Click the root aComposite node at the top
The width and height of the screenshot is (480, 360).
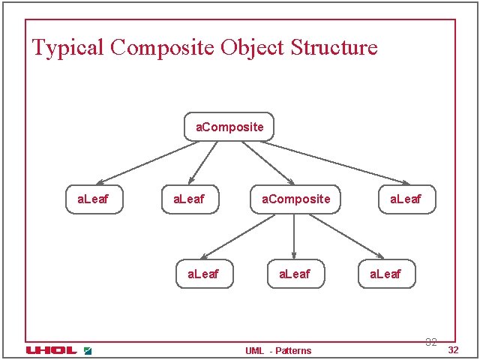click(229, 127)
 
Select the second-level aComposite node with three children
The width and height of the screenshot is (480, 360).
click(295, 199)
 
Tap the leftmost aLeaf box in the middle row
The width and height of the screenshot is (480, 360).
click(94, 199)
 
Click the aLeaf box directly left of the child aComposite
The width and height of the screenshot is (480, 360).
click(190, 199)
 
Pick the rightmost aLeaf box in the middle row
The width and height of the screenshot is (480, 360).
click(406, 199)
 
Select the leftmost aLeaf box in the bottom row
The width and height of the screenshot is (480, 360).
click(205, 274)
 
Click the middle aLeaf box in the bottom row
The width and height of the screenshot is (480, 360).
click(294, 274)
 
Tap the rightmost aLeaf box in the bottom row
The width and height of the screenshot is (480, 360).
click(385, 274)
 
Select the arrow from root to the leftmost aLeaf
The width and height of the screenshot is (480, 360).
click(146, 163)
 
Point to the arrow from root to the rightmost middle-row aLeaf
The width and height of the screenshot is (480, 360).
click(337, 163)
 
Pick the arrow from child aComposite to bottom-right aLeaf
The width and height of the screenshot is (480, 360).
click(345, 236)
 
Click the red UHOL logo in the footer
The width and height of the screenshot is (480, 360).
click(51, 350)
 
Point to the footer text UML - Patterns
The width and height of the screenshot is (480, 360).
click(278, 350)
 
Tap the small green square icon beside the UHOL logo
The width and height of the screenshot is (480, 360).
click(87, 350)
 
